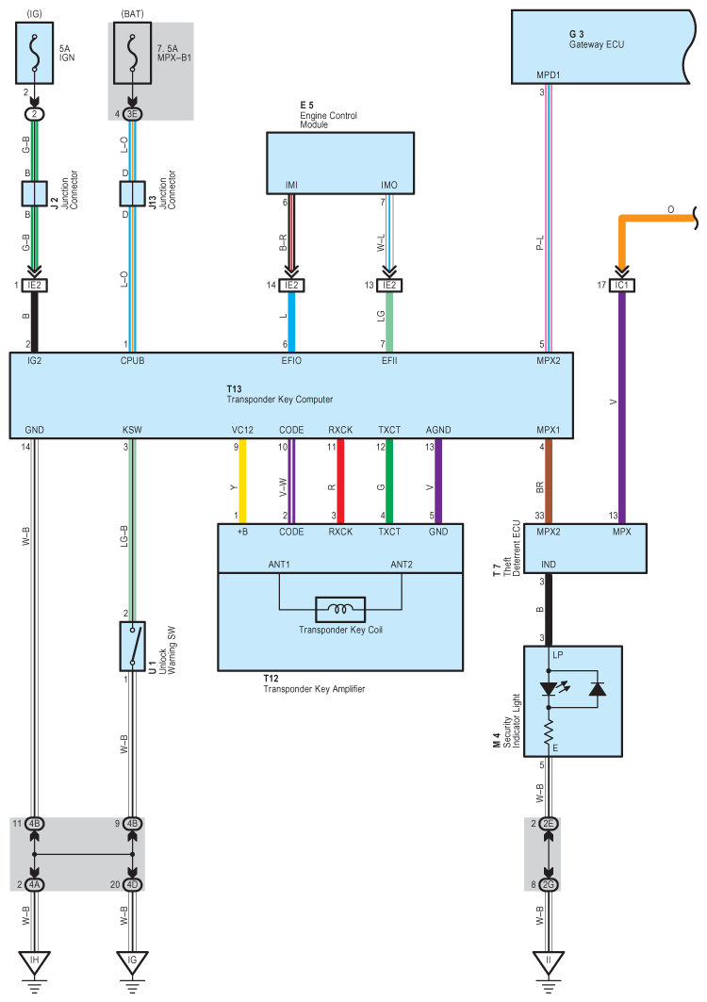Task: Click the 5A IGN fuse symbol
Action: (35, 55)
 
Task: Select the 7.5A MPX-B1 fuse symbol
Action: (132, 55)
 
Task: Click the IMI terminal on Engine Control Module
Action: (291, 186)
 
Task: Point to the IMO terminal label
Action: (388, 186)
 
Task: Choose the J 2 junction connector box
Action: (35, 193)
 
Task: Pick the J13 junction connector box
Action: (132, 193)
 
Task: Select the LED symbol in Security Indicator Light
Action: (549, 688)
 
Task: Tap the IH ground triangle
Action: (35, 961)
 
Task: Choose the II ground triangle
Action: (549, 961)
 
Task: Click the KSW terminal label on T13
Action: (132, 431)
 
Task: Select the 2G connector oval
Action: (549, 884)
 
